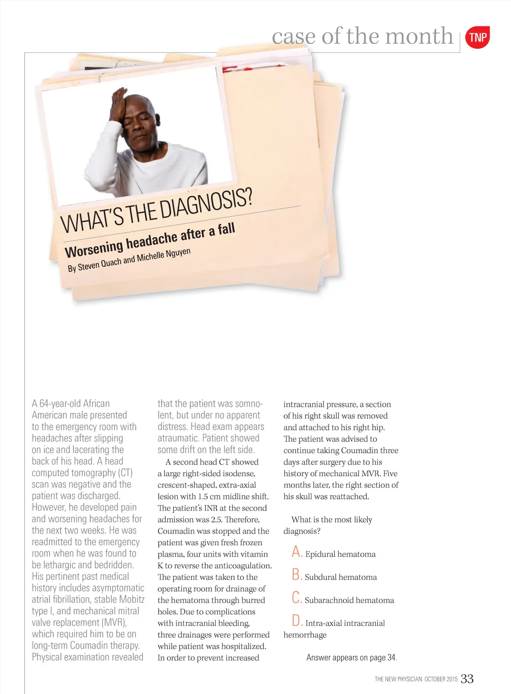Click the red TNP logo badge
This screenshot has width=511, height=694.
[477, 37]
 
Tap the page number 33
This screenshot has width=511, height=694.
[467, 679]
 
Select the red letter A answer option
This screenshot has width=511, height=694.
[297, 552]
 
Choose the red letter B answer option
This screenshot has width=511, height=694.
[297, 575]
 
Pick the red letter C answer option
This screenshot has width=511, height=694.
[296, 598]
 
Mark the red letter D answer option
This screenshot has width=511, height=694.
[297, 621]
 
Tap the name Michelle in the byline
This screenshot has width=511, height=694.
[150, 257]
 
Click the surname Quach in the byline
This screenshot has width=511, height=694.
[111, 263]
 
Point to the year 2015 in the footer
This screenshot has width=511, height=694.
[452, 679]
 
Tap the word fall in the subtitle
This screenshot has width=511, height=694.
[226, 229]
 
